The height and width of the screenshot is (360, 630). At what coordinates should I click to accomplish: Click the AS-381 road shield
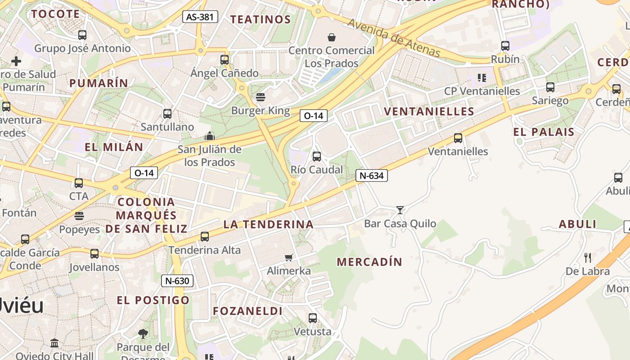(200, 17)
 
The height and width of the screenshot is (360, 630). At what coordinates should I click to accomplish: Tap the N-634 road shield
(372, 175)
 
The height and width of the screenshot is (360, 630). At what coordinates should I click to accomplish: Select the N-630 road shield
(177, 281)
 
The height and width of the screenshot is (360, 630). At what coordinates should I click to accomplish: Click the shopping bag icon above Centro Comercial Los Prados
(332, 37)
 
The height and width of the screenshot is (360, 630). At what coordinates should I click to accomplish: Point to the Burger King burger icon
(260, 97)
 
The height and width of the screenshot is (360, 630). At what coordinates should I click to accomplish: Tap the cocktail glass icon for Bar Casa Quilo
(400, 210)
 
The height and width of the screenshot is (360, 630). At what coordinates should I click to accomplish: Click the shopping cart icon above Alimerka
(288, 257)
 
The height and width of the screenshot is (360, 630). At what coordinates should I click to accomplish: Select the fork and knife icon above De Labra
(587, 257)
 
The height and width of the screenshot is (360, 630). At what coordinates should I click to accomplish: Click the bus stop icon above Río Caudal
(317, 156)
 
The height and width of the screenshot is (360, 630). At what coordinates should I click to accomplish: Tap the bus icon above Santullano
(167, 113)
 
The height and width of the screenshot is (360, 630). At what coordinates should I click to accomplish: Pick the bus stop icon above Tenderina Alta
(205, 236)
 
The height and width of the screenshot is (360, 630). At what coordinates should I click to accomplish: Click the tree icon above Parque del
(143, 334)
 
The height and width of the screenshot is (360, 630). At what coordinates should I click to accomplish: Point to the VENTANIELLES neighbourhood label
(429, 112)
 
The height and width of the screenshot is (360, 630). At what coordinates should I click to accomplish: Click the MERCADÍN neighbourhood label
(369, 262)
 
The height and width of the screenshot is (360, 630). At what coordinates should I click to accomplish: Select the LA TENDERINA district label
(268, 224)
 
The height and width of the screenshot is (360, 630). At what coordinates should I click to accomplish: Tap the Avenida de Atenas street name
(394, 38)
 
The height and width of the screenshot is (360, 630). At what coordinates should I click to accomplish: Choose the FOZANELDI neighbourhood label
(248, 311)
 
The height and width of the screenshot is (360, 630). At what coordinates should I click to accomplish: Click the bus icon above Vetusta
(313, 318)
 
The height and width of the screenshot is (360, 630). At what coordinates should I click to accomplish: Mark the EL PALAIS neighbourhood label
(544, 132)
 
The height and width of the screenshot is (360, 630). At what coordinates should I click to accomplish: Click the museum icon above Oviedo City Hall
(54, 343)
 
